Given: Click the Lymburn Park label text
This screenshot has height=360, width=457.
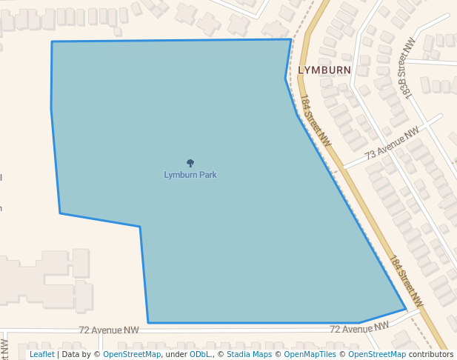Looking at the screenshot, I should pos(190,175).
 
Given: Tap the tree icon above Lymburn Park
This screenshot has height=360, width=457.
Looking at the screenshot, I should pos(190,163).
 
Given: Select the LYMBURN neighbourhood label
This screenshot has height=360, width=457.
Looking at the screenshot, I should pos(324,70).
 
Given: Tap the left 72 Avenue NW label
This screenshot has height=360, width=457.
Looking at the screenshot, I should pos(109,330).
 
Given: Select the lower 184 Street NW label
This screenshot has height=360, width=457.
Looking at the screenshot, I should pos(406,282).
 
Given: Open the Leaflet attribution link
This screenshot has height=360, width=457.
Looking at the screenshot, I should pos(42,354).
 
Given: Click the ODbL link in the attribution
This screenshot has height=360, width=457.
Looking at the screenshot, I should pos(200,354).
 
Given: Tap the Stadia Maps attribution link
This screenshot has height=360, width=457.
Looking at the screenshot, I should pos(249,354).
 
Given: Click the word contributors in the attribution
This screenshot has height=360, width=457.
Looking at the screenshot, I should pos(431,354).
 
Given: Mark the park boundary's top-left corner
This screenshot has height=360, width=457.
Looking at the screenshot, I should pos(52,41).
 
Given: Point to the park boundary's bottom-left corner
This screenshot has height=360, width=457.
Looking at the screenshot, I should pos(148,323).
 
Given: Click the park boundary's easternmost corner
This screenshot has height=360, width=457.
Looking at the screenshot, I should pos(406,309).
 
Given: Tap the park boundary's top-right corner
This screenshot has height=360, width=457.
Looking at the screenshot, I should pos(290,39).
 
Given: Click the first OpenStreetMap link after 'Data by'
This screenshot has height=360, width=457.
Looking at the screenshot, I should pos(132,354).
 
